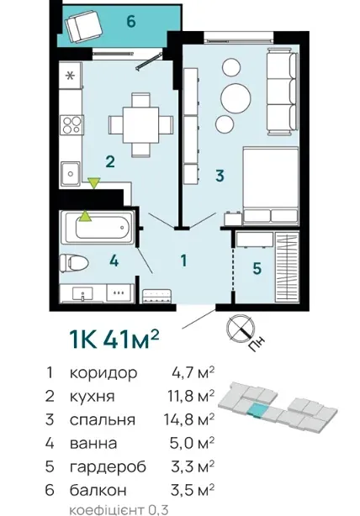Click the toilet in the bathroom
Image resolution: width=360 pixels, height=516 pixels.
tap(74, 263)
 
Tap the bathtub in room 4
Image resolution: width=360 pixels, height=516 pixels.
tap(98, 227)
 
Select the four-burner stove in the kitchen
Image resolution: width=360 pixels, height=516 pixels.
tap(71, 124)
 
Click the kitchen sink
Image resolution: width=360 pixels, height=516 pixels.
tap(70, 173)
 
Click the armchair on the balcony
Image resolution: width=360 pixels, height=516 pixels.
tap(83, 26)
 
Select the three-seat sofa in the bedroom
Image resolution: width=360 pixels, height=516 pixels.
tap(282, 92)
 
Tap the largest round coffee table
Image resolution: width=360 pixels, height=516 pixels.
tap(236, 97)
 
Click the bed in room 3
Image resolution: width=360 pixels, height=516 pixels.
tap(270, 186)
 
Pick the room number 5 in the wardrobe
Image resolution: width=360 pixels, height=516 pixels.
tap(257, 268)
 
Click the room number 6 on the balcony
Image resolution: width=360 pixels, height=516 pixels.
tap(131, 22)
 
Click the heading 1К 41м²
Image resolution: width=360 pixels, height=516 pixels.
tap(114, 339)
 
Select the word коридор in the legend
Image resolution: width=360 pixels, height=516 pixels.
tap(103, 373)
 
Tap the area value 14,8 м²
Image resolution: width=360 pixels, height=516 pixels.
tap(189, 419)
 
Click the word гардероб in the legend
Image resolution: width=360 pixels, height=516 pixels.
tap(108, 467)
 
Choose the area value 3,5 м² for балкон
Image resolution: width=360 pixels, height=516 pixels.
tap(193, 490)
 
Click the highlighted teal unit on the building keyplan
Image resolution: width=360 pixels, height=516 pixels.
tap(257, 410)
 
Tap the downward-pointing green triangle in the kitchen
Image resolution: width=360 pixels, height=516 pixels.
tap(94, 182)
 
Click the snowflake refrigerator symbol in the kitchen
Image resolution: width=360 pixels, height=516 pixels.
tap(70, 76)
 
